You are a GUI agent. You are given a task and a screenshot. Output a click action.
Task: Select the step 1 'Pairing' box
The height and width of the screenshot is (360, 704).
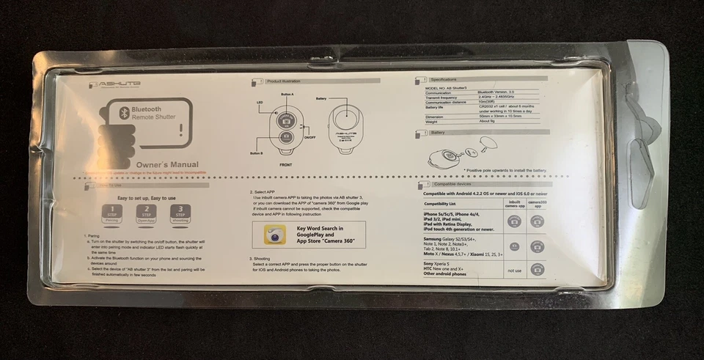111,213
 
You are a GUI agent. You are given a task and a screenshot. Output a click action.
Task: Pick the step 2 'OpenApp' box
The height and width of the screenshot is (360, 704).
145,213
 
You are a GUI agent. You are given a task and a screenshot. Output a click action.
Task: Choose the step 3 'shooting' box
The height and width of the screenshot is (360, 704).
179,213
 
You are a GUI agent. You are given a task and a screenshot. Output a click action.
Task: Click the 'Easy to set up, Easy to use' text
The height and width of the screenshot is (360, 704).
147,198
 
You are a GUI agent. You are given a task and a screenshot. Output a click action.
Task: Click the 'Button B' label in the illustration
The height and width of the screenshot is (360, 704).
256,153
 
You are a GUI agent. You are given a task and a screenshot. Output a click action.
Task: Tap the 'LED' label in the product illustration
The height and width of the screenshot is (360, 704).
260,102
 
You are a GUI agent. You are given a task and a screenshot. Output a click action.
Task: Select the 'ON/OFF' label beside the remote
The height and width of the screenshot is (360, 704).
309,138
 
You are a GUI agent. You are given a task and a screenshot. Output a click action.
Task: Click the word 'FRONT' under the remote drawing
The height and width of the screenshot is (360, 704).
285,166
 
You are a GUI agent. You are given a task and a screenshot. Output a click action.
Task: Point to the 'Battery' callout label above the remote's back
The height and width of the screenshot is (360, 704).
320,98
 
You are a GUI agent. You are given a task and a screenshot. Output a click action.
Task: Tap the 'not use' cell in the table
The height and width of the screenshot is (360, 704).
514,270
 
